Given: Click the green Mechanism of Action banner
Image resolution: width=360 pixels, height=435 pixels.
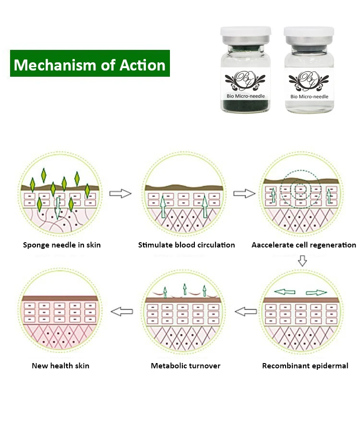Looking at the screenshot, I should (90, 63).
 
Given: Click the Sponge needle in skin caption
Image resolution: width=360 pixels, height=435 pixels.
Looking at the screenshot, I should (62, 245).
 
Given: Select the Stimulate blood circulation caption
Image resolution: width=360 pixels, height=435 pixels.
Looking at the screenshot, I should (186, 245).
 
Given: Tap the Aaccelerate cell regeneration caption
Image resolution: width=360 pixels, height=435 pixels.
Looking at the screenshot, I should (303, 245).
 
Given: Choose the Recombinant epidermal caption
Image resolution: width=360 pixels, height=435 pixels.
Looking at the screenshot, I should (305, 366).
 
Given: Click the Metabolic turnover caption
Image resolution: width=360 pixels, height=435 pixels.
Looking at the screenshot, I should (186, 366).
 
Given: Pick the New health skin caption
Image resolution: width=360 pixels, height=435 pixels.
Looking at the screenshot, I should (60, 366).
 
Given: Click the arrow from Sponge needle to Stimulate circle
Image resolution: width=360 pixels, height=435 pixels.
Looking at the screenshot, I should (120, 194).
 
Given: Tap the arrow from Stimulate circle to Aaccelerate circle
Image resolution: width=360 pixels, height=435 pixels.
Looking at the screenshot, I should (244, 194).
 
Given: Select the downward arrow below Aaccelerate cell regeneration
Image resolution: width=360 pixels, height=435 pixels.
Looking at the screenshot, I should (302, 261).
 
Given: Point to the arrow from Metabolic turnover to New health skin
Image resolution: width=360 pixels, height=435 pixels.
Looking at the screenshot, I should (121, 312).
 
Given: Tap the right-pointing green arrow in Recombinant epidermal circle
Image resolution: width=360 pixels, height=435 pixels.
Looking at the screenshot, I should (316, 293).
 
